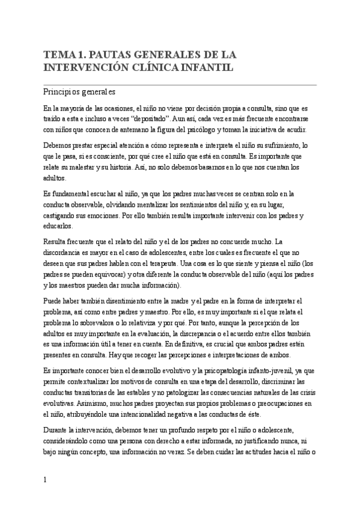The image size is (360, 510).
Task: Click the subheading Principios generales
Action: point(79,93)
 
